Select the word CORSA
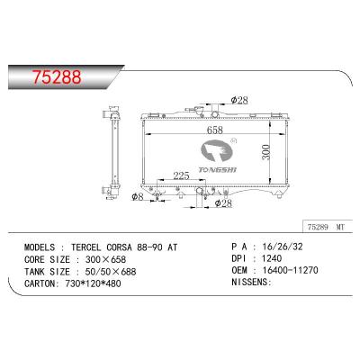click(135, 244)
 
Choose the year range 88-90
click(167, 244)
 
